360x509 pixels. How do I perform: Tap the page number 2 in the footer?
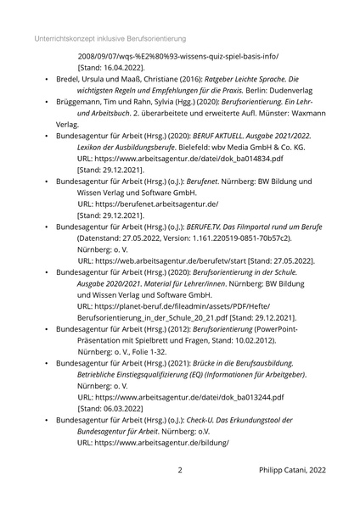click(180, 469)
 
